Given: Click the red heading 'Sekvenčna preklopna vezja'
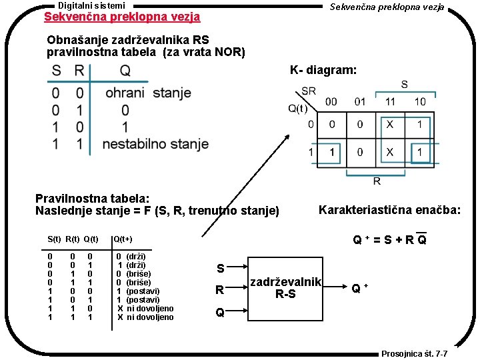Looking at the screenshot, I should tap(121, 16).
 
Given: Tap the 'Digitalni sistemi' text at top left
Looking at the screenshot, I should tap(91, 5).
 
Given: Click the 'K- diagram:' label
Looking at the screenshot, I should tap(323, 70).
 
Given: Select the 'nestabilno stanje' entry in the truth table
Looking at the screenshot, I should tap(155, 143).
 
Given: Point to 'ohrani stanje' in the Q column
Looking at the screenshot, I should tap(147, 93).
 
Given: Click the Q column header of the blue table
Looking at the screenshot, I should tap(125, 70).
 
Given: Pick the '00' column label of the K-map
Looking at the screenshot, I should tap(331, 102).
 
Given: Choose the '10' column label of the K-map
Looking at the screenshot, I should tap(420, 102).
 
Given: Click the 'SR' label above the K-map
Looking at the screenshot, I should tap(309, 91).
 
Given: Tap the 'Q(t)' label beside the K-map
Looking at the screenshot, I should tap(297, 109).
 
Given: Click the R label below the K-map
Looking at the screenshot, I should tap(377, 181).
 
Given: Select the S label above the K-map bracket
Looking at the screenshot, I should tap(404, 85).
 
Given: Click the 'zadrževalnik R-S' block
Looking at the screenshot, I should tap(286, 288).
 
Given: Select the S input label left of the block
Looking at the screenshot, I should tap(220, 269).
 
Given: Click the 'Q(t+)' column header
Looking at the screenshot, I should tap(122, 239).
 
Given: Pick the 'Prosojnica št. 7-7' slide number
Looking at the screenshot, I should tap(414, 353).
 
